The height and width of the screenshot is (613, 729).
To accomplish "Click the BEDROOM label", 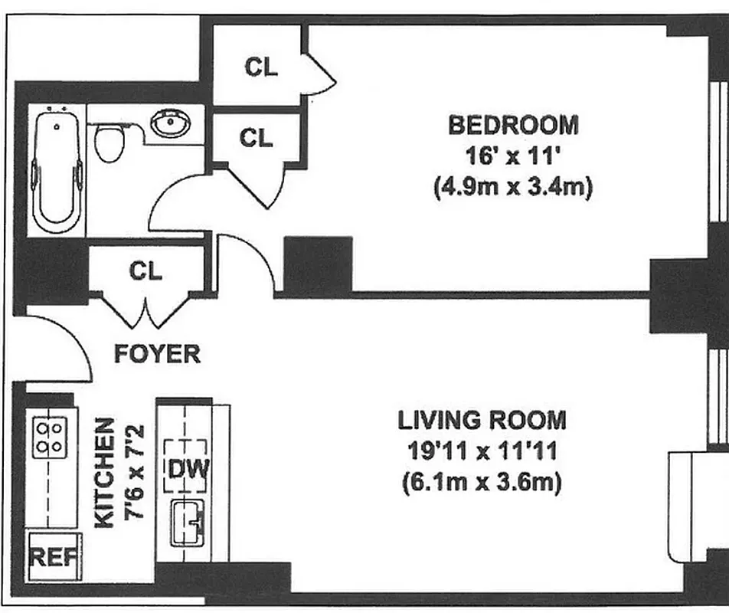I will [x=513, y=124].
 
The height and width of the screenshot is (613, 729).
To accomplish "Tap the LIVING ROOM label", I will [x=482, y=420].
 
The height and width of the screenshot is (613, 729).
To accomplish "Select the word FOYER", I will [x=157, y=354].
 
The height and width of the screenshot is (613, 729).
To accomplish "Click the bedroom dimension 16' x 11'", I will [x=514, y=156].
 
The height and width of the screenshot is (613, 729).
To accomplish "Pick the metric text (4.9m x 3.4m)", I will [x=513, y=188].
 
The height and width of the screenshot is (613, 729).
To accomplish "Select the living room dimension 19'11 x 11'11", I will [x=482, y=451].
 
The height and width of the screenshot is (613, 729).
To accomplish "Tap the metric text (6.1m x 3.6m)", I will [x=482, y=483].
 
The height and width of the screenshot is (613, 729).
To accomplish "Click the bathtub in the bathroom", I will [x=56, y=170].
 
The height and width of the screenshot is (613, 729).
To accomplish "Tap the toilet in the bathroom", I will [x=110, y=143].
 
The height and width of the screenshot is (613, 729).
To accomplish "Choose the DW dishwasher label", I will [x=185, y=467].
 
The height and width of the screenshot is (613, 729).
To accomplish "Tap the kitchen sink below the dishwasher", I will [x=187, y=522].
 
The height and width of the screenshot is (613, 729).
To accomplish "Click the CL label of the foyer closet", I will [x=145, y=270].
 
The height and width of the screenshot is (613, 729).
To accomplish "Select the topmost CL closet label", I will [x=260, y=67].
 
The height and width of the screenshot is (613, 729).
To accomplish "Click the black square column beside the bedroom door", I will [x=318, y=264].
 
